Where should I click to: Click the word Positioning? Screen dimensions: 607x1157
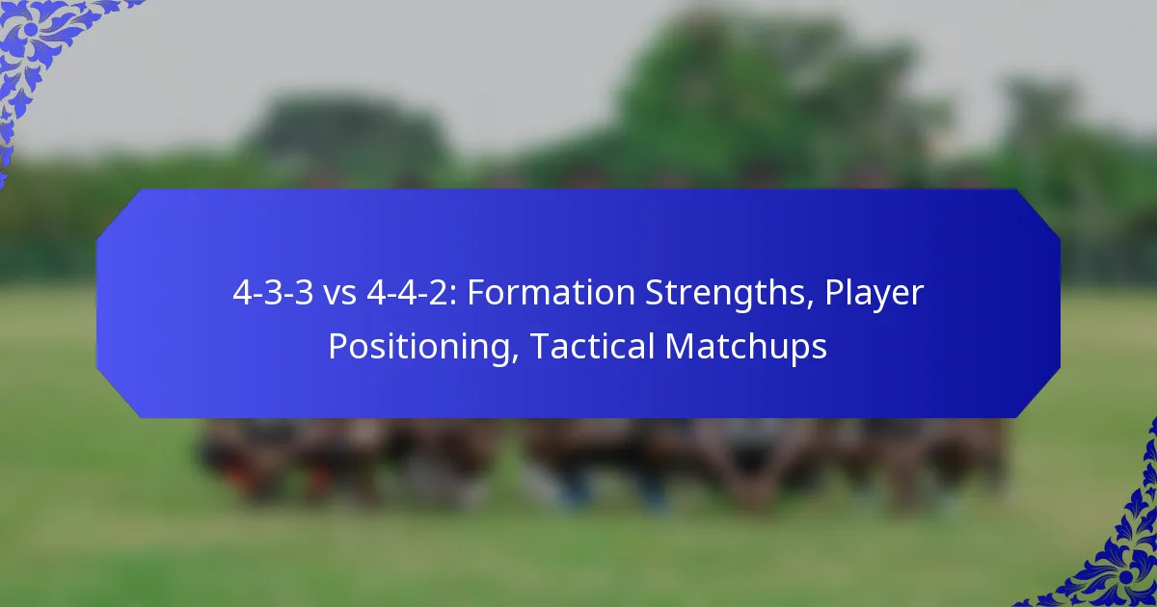pos(417,347)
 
